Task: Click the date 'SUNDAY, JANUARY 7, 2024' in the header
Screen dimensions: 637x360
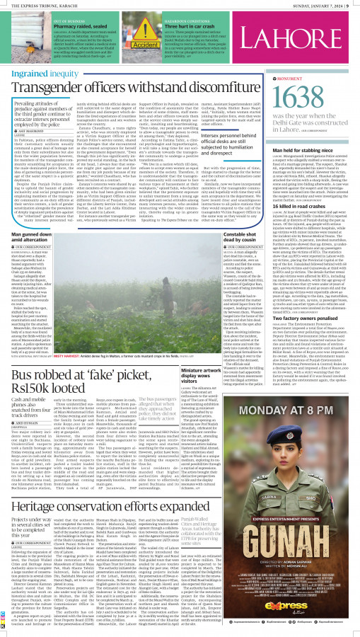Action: coord(316,5)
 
